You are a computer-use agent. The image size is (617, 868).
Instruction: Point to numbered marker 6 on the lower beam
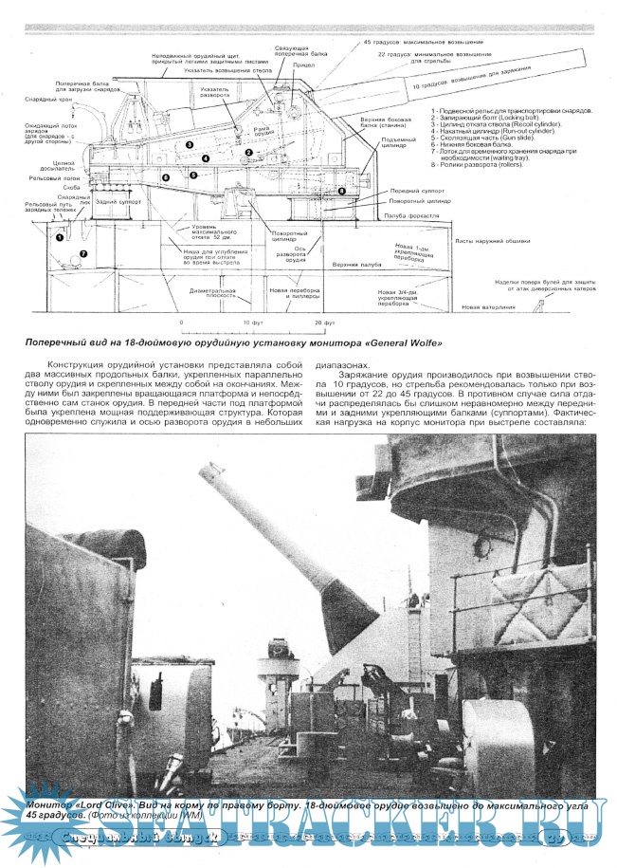tap(165, 177)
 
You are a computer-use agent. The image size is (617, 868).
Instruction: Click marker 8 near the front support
tap(342, 192)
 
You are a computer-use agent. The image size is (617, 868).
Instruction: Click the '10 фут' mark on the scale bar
tap(252, 323)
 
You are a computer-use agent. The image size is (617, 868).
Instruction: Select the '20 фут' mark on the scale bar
tap(325, 323)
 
